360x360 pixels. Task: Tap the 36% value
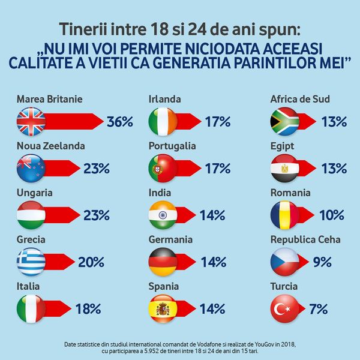click(119, 122)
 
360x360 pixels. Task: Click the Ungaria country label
click(35, 193)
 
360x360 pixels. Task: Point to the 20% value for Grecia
click(91, 262)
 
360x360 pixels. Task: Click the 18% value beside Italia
click(88, 310)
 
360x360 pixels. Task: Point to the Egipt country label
click(283, 146)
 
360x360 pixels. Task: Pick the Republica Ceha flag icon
click(285, 262)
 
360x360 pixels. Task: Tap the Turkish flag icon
click(285, 309)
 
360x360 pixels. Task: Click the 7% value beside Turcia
click(318, 310)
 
